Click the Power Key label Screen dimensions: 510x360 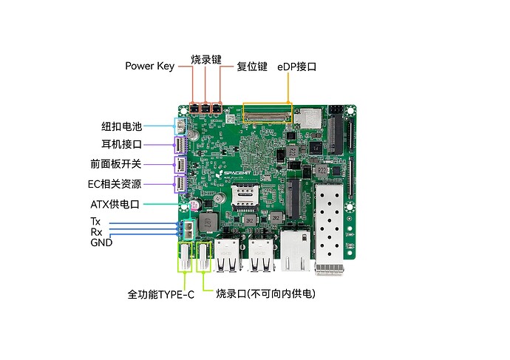tap(150, 67)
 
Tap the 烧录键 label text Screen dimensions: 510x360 tap(206, 60)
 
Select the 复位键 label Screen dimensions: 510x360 tap(252, 67)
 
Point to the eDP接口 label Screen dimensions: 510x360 tap(296, 67)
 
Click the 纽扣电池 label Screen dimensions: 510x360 tap(122, 126)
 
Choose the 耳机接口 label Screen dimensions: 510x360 tap(122, 144)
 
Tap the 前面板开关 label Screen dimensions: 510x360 tap(116, 164)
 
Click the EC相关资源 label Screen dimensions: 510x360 tap(115, 184)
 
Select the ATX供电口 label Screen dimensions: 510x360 tap(115, 204)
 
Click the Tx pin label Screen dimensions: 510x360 tap(95, 222)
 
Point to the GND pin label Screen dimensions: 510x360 tap(101, 242)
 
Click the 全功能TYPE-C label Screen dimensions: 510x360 tap(160, 295)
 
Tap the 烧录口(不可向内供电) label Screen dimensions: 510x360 tap(266, 293)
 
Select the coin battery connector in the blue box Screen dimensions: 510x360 tap(181, 126)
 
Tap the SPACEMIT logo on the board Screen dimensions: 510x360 tap(235, 173)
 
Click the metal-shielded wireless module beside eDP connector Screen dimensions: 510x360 tap(307, 118)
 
